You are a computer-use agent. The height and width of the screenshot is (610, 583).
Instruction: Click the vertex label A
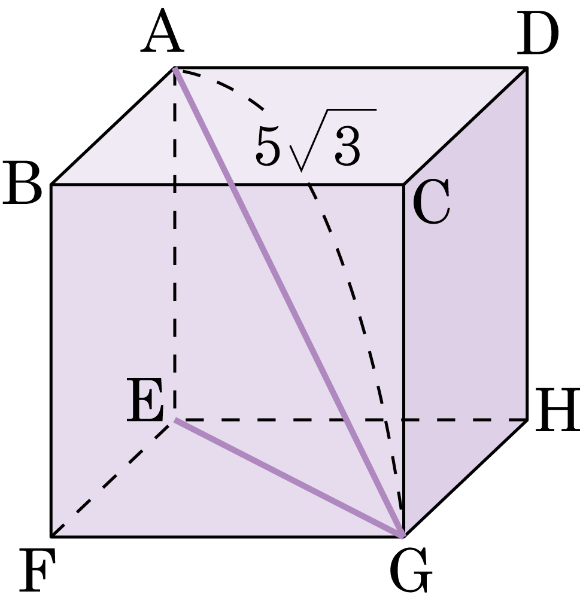[162, 31]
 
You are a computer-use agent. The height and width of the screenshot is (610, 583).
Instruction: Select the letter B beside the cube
[22, 183]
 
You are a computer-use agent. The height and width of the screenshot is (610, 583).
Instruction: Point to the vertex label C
[431, 202]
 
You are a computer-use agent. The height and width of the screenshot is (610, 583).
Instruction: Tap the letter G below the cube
[411, 570]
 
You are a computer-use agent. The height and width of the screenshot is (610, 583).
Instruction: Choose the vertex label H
[558, 410]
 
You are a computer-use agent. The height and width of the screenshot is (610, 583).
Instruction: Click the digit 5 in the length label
[268, 145]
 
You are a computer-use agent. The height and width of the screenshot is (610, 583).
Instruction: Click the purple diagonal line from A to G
[288, 302]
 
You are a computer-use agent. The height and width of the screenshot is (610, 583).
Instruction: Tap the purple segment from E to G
[289, 478]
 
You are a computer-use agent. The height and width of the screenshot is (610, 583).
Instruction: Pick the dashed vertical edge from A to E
[175, 244]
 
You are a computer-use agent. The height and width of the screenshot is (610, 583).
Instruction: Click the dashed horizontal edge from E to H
[351, 420]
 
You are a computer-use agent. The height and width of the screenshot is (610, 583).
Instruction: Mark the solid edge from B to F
[51, 361]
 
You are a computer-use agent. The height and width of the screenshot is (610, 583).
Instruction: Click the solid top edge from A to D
[351, 68]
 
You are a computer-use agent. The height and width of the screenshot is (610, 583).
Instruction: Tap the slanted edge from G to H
[465, 478]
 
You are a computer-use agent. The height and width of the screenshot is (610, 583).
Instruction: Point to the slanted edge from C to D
[465, 126]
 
